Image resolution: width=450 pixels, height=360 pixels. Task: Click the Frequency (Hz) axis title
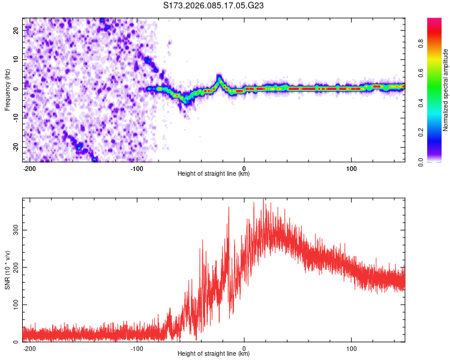point(7,90)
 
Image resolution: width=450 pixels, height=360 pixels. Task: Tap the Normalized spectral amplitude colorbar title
point(446,90)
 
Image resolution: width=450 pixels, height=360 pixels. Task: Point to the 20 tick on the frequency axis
point(16,29)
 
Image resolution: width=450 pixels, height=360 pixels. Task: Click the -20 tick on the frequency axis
point(14,147)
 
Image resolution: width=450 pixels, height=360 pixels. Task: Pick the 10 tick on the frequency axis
point(16,59)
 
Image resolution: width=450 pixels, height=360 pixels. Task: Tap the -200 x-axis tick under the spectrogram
point(30,167)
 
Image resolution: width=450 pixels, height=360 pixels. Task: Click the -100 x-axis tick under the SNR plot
point(137,347)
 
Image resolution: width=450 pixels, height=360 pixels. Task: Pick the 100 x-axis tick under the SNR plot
point(351,347)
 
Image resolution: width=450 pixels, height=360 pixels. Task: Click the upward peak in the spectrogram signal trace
point(220,78)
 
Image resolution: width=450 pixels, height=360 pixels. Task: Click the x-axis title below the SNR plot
point(214,354)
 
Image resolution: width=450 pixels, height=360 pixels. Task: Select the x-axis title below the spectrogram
point(214,174)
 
